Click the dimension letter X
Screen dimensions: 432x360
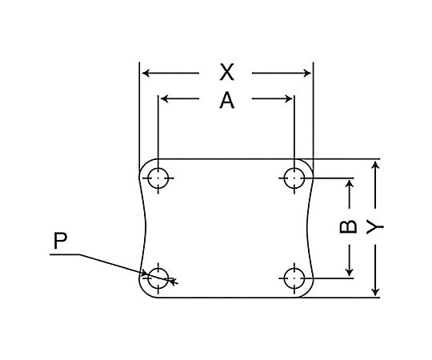pyautogui.click(x=226, y=72)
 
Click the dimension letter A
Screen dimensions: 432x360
pyautogui.click(x=226, y=101)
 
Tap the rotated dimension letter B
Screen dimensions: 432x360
pyautogui.click(x=348, y=226)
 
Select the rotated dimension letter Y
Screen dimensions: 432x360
pyautogui.click(x=375, y=226)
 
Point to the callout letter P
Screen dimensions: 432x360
pyautogui.click(x=60, y=241)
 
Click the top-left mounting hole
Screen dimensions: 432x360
pyautogui.click(x=158, y=178)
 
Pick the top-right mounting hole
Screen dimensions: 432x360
pyautogui.click(x=294, y=178)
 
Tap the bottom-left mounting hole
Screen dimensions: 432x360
pyautogui.click(x=158, y=278)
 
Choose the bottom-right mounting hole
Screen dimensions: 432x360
pyautogui.click(x=294, y=278)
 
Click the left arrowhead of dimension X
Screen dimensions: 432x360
pyautogui.click(x=146, y=73)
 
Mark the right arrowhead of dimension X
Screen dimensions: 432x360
pyautogui.click(x=307, y=73)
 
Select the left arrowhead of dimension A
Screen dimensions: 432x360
pyautogui.click(x=165, y=98)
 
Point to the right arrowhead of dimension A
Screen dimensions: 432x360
pyautogui.click(x=288, y=98)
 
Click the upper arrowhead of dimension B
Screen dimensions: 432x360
pyautogui.click(x=350, y=184)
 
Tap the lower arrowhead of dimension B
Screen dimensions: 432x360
pyautogui.click(x=350, y=272)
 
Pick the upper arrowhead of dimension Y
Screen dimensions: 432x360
pyautogui.click(x=375, y=165)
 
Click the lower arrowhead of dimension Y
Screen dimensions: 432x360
pyautogui.click(x=375, y=291)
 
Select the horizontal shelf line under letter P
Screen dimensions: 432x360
pyautogui.click(x=65, y=254)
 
